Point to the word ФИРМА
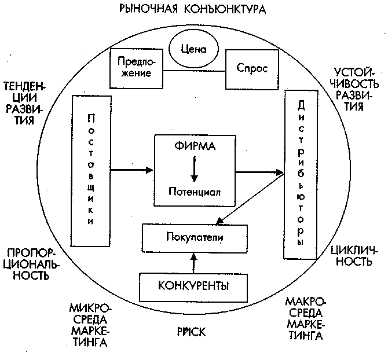[195, 147]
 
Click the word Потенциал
[195, 190]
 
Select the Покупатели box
[195, 237]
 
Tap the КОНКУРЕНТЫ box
[193, 285]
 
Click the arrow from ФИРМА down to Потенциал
[195, 169]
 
